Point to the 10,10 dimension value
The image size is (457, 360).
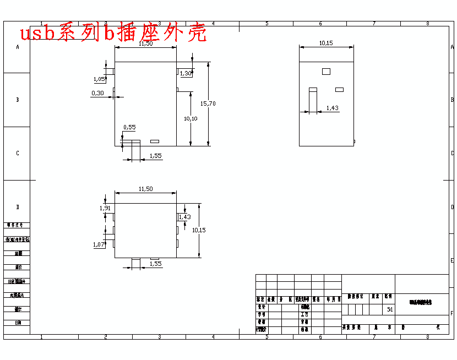[x=191, y=118]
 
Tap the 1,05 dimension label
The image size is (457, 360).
[x=99, y=79]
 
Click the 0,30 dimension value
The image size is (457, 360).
[x=97, y=93]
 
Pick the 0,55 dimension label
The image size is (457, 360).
[x=129, y=127]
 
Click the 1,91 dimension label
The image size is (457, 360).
[x=105, y=208]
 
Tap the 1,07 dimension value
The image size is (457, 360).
[x=99, y=244]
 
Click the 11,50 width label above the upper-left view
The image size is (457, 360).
[x=145, y=43]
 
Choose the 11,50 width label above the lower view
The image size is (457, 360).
[x=145, y=189]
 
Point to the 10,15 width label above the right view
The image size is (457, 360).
[x=326, y=43]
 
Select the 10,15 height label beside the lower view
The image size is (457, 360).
[x=199, y=230]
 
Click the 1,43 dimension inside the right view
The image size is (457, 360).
[x=332, y=108]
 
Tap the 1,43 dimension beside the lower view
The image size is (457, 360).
[x=184, y=217]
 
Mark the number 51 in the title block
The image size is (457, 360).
[x=390, y=309]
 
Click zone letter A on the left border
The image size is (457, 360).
[x=18, y=47]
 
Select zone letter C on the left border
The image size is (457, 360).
[x=18, y=154]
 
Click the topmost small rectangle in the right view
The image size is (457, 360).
[x=326, y=71]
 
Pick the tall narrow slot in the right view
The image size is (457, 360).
[x=313, y=100]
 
